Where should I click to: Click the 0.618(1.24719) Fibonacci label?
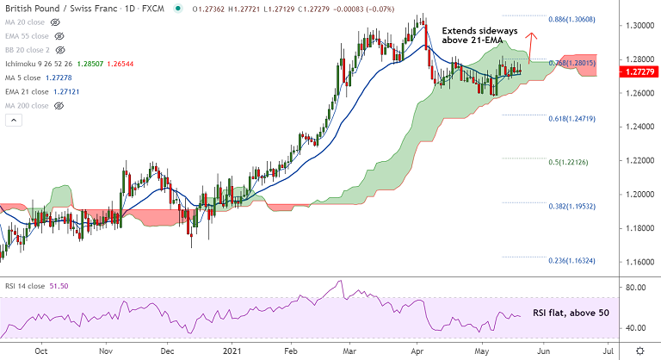pos(571,117)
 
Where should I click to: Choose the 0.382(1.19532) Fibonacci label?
pos(571,206)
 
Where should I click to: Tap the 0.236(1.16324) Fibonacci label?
pos(571,260)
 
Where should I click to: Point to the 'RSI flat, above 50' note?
pos(571,313)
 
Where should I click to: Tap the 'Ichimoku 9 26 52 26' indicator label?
pos(41,64)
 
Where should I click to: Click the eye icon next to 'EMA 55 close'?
pos(59,37)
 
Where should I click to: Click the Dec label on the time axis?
pos(168,351)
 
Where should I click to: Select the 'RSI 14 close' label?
pos(23,285)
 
